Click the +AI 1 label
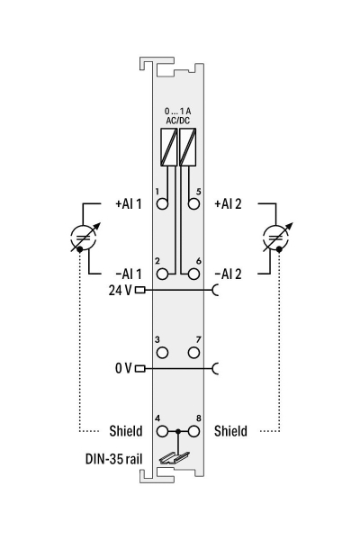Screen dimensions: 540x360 click(128, 204)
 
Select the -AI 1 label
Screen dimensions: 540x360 click(128, 272)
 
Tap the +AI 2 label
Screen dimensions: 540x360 click(229, 204)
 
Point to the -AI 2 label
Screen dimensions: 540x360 click(229, 272)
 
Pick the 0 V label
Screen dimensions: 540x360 click(122, 367)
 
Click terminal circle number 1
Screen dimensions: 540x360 click(163, 203)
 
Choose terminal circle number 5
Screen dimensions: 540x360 click(193, 203)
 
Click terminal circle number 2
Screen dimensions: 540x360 click(163, 272)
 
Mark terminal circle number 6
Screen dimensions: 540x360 click(193, 272)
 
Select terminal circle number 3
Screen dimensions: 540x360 click(163, 351)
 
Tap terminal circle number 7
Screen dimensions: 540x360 click(193, 351)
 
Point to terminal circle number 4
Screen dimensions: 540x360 click(163, 431)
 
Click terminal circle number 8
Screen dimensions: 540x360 click(193, 431)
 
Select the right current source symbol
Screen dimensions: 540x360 click(272, 238)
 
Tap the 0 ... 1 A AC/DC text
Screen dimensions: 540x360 click(177, 114)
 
